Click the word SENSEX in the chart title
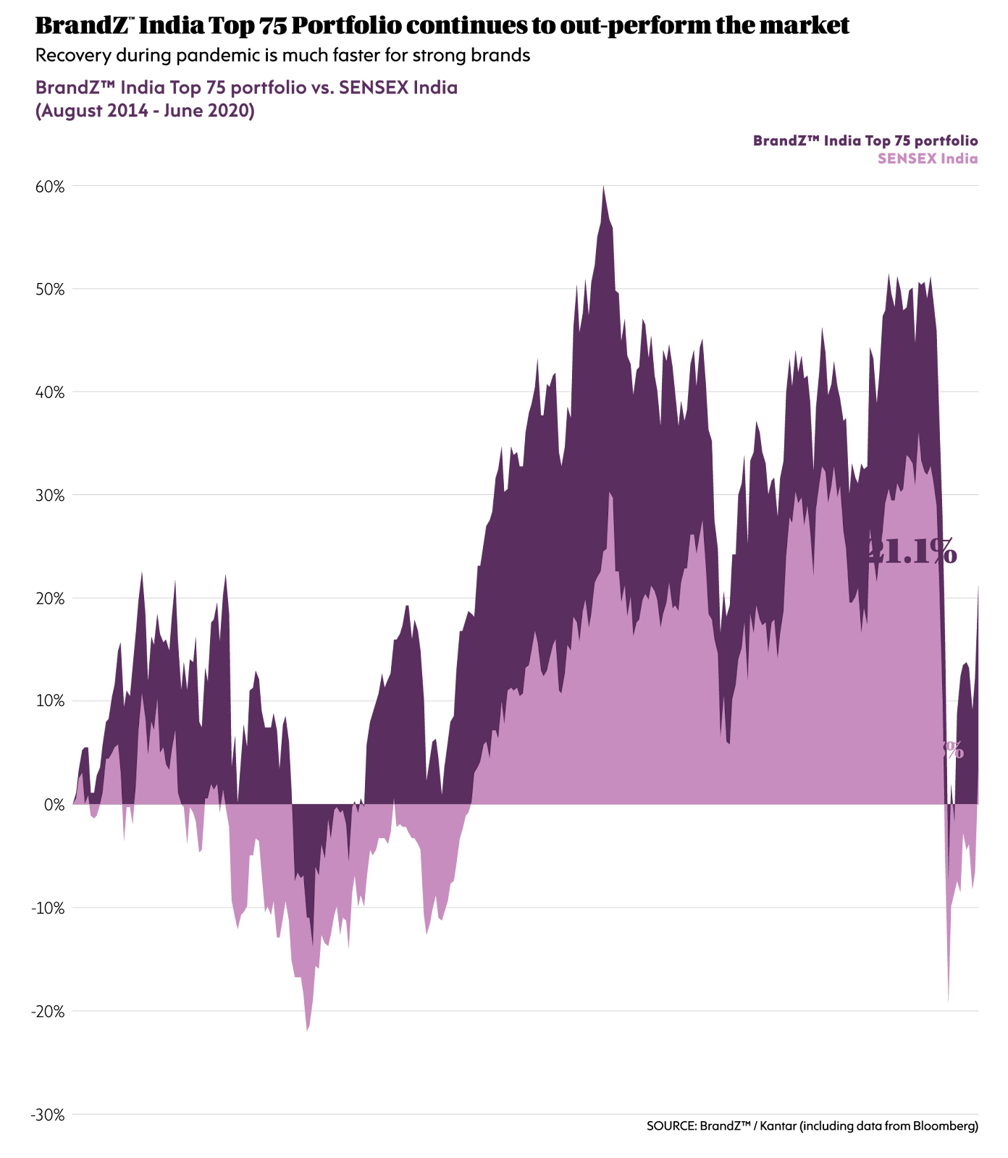(373, 88)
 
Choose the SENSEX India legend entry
(927, 159)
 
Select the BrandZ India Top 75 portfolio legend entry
(865, 140)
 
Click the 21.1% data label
(912, 552)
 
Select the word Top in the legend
(877, 140)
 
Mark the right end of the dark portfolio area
(978, 586)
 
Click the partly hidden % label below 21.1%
(954, 751)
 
